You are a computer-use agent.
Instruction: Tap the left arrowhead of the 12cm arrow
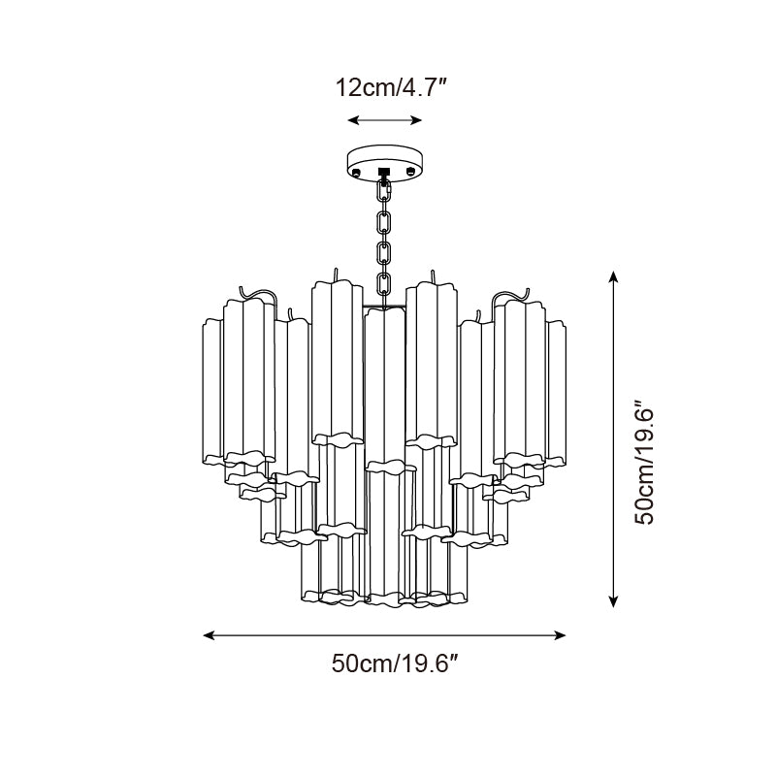352,120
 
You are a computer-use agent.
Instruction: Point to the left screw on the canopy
357,173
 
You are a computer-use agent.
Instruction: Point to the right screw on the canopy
411,173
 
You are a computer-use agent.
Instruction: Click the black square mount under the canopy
384,176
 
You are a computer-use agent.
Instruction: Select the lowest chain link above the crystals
384,285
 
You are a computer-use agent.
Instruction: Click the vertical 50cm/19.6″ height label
646,462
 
